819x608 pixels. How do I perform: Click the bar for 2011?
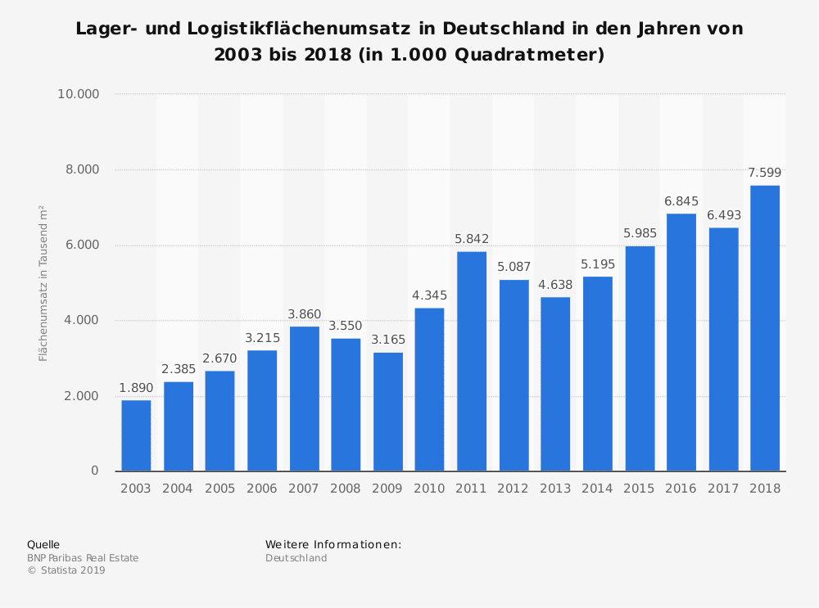(x=472, y=361)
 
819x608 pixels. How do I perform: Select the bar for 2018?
(x=765, y=328)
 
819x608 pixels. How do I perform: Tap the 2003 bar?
(x=136, y=435)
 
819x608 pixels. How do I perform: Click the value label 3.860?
(x=304, y=314)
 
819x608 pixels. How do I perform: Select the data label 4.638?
(x=555, y=285)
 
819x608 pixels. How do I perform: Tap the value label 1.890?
(x=136, y=387)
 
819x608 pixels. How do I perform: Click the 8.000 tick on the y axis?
(x=79, y=169)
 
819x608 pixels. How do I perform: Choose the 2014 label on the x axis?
(x=597, y=489)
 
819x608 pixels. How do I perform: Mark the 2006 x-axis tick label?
(x=261, y=489)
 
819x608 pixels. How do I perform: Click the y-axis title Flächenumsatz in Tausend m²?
(x=43, y=283)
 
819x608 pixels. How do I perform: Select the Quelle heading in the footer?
(x=43, y=544)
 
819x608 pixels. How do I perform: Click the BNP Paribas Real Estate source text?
(x=83, y=558)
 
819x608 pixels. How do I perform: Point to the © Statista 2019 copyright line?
(x=66, y=570)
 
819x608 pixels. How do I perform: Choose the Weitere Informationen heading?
(x=333, y=544)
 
